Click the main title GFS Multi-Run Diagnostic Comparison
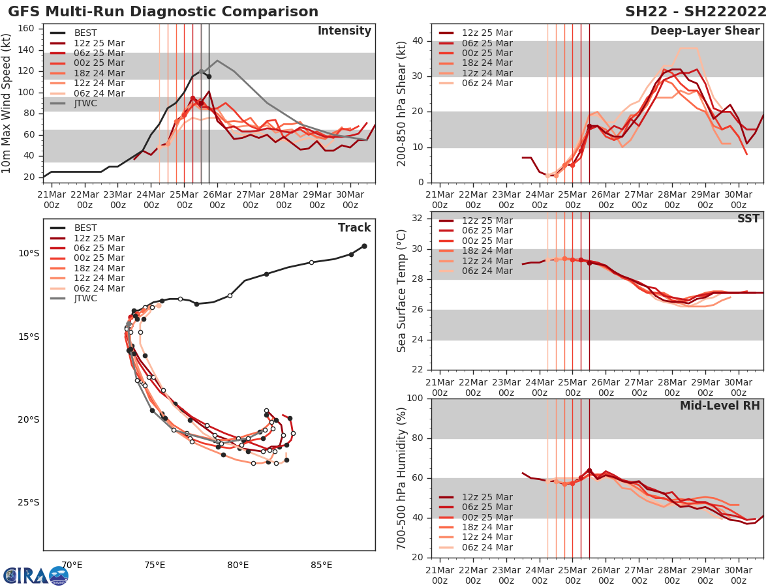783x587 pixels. tap(164, 12)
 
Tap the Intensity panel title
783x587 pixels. tap(344, 31)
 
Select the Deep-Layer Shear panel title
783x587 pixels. tap(705, 31)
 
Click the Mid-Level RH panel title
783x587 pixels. tap(720, 406)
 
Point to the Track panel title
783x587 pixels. tap(354, 228)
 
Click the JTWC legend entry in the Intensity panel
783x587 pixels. tap(85, 104)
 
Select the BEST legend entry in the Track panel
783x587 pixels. tap(85, 228)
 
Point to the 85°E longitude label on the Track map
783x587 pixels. tap(321, 565)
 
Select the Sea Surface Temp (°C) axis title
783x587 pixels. tap(402, 291)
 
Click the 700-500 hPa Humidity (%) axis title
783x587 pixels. tap(402, 478)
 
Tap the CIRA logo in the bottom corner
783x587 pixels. tap(35, 575)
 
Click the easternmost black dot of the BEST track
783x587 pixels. tap(364, 246)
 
